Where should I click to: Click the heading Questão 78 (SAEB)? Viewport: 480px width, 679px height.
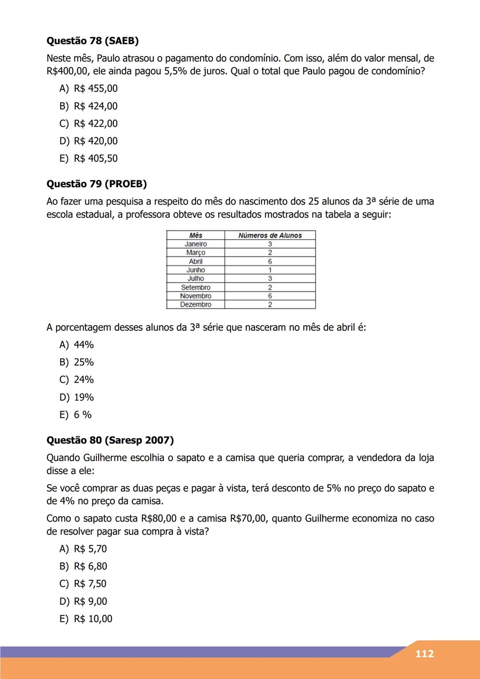point(92,41)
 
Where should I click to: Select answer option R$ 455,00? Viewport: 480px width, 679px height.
point(89,88)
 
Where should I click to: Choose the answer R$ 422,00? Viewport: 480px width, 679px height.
point(89,124)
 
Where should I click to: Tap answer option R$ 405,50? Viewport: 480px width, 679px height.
point(89,158)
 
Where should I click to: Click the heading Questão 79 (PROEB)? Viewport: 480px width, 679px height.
point(96,184)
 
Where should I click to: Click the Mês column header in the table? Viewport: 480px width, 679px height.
point(196,235)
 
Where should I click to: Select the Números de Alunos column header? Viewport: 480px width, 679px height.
point(270,235)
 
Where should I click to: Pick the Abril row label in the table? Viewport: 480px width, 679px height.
point(196,261)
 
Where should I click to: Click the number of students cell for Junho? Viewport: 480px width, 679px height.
point(270,270)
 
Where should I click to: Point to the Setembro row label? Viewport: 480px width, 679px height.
point(196,287)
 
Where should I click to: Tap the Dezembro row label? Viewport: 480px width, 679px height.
point(196,305)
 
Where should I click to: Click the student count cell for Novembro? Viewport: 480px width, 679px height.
point(270,296)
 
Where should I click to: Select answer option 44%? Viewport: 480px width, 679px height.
point(77,345)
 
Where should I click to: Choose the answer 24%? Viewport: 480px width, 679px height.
point(77,380)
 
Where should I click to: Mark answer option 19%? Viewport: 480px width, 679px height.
point(77,397)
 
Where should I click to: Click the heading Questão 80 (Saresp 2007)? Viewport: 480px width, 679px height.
point(110,440)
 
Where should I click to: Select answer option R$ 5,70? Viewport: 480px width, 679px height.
point(84,549)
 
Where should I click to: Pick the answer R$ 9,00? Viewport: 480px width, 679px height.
point(84,601)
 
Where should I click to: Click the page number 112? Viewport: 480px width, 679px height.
point(424,654)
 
